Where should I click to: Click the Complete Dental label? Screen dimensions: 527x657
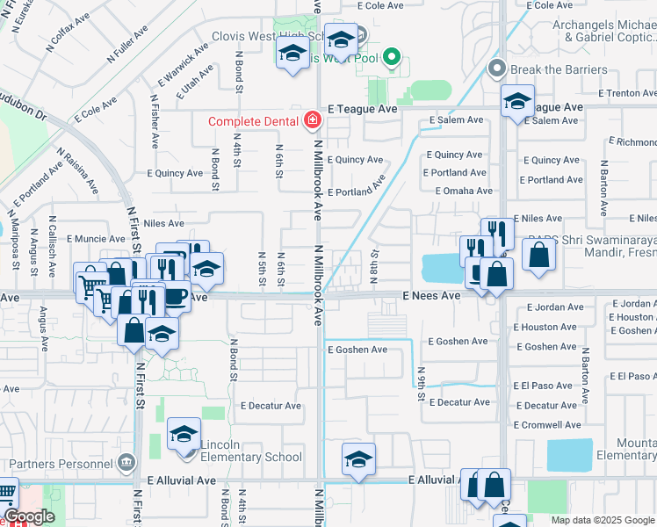[x=253, y=120]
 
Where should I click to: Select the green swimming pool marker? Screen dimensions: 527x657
[x=393, y=61]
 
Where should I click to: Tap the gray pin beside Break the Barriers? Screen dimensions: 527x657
[x=496, y=68]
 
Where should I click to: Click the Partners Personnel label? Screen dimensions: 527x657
[x=58, y=463]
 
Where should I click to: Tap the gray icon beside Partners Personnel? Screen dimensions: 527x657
[x=126, y=462]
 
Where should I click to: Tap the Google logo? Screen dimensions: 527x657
[x=30, y=517]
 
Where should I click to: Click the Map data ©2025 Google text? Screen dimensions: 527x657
[x=603, y=520]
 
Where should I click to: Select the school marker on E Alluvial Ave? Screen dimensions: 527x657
[x=358, y=458]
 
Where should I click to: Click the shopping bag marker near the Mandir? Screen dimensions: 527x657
[x=538, y=254]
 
